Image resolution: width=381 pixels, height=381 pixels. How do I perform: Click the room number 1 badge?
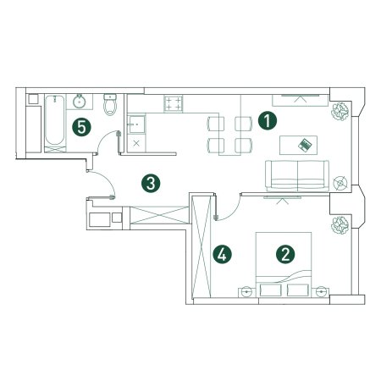pos(268,120)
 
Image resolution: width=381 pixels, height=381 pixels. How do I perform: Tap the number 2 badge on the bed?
pos(285,254)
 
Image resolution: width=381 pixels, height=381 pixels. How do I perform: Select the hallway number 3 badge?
pos(151,184)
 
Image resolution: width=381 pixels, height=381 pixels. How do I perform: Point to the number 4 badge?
pos(223,254)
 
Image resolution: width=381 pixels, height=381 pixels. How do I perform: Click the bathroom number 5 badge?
pos(81,127)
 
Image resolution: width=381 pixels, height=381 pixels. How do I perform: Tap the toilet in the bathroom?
pos(110,104)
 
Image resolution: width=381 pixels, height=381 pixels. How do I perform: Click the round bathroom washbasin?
pos(80,102)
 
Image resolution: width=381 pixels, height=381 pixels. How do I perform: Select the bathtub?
pos(55,120)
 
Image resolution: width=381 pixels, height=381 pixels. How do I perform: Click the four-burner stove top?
pos(174,103)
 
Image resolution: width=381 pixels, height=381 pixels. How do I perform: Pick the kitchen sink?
pos(136,124)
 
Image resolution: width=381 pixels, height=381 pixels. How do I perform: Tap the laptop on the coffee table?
pos(305,145)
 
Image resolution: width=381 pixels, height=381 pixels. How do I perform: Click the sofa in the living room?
pos(297,175)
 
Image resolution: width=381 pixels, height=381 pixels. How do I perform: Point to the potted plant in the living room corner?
pos(340,112)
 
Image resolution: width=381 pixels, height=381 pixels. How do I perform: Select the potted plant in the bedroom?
pos(340,225)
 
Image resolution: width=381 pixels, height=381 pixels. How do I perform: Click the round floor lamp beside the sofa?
pos(340,183)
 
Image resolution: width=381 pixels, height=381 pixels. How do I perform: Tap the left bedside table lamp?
pos(246,292)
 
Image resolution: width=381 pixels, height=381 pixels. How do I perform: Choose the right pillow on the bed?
pos(297,290)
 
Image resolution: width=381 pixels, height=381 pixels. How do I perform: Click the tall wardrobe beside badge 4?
pos(202,246)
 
